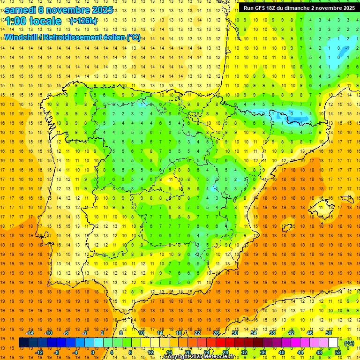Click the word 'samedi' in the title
21,10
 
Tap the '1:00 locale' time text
33,21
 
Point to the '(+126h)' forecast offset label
83,21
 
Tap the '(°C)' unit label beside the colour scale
349,343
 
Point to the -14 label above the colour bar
30,333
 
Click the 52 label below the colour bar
338,352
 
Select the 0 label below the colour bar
93,352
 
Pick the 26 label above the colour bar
216,333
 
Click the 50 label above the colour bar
329,333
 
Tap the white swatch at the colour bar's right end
333,343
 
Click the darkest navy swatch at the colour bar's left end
23,343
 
